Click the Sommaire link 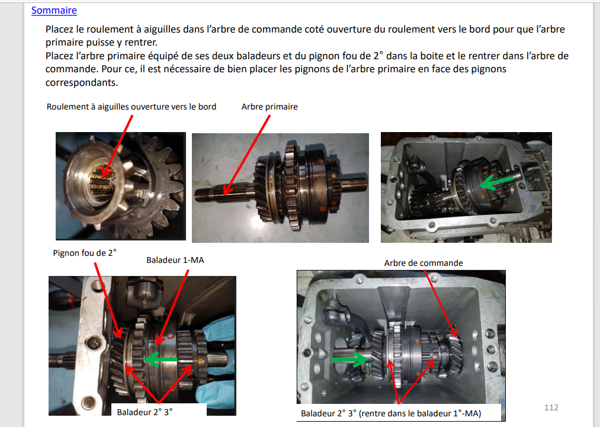coord(54,10)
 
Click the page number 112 coord(551,407)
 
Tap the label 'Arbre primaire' coord(269,107)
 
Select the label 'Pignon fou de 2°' coord(85,253)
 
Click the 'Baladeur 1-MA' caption coord(175,260)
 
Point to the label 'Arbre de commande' coord(423,263)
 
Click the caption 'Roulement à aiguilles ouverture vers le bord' coord(131,107)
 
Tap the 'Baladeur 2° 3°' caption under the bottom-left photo coord(145,412)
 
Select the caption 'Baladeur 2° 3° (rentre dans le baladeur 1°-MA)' coord(391,413)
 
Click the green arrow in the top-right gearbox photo coord(496,181)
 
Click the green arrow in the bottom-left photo coord(161,359)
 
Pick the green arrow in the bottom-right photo coord(348,359)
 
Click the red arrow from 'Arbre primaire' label coord(247,155)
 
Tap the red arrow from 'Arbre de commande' coord(441,303)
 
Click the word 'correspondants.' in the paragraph coord(82,83)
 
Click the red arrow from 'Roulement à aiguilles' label coord(117,146)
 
